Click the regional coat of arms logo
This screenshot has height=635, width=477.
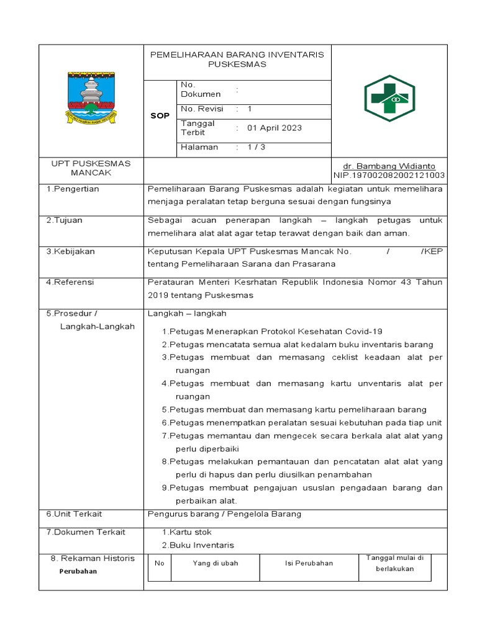[x=91, y=99]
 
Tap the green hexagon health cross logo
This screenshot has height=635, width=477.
[x=389, y=99]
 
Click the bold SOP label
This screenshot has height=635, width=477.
[x=160, y=116]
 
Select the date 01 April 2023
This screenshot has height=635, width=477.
[x=275, y=128]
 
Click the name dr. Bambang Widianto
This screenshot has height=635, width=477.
[x=389, y=166]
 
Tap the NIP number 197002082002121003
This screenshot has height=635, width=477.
[x=389, y=175]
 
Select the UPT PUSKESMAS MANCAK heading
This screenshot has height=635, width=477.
[x=91, y=168]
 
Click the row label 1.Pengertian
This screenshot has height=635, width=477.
[x=73, y=189]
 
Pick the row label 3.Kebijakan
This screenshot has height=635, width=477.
[x=70, y=252]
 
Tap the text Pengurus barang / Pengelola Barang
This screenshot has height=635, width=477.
[x=224, y=514]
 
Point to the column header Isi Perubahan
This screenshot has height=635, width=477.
[x=309, y=563]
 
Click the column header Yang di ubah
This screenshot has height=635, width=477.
[x=216, y=563]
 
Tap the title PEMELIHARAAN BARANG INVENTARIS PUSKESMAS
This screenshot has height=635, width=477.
[x=237, y=60]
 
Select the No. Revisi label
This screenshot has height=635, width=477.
[x=202, y=109]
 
